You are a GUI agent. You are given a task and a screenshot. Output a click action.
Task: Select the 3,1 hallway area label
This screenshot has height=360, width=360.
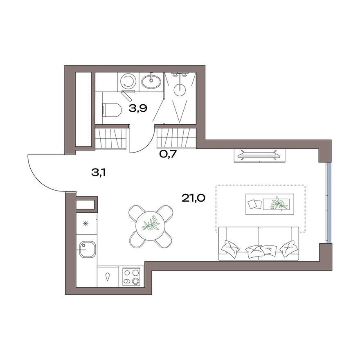(99, 173)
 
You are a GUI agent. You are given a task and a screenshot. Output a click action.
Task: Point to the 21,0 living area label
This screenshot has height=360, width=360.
(193, 198)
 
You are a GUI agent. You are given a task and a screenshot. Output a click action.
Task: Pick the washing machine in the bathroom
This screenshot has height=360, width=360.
(128, 81)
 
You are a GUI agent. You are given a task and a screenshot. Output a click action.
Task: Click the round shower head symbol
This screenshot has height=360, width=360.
(180, 88)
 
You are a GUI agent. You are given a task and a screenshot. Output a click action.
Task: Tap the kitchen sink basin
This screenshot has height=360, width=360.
(87, 249)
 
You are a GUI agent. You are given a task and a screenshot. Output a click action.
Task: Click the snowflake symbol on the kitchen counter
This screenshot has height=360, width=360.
(86, 223)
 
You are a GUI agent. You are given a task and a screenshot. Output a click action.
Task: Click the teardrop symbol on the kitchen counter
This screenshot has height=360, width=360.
(108, 277)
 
